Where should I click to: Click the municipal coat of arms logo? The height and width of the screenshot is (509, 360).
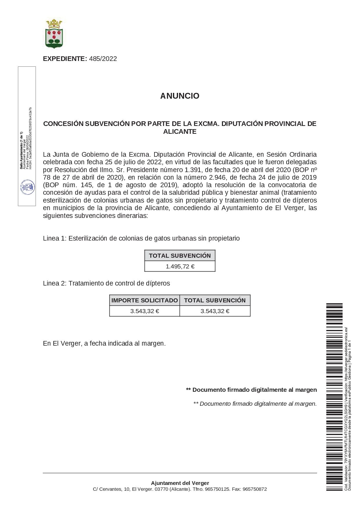(x=54, y=33)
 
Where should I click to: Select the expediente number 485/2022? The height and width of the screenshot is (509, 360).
(x=103, y=59)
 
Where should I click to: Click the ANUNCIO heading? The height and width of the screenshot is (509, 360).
(x=180, y=96)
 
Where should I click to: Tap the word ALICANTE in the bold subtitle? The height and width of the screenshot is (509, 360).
(x=180, y=132)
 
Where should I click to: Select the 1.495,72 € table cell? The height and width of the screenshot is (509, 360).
(x=180, y=266)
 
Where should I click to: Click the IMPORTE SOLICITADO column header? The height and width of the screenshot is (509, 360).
(x=145, y=300)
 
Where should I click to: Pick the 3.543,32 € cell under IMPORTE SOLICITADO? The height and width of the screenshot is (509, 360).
(x=145, y=311)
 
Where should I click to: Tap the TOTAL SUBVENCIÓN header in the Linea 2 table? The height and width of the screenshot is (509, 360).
(x=215, y=300)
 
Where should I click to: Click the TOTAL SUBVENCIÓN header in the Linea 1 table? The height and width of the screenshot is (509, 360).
(x=180, y=256)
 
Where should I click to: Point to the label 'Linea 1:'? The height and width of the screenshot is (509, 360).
(x=55, y=239)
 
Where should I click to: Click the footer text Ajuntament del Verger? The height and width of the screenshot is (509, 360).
(x=180, y=483)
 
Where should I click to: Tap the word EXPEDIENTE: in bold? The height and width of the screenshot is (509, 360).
(x=65, y=59)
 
